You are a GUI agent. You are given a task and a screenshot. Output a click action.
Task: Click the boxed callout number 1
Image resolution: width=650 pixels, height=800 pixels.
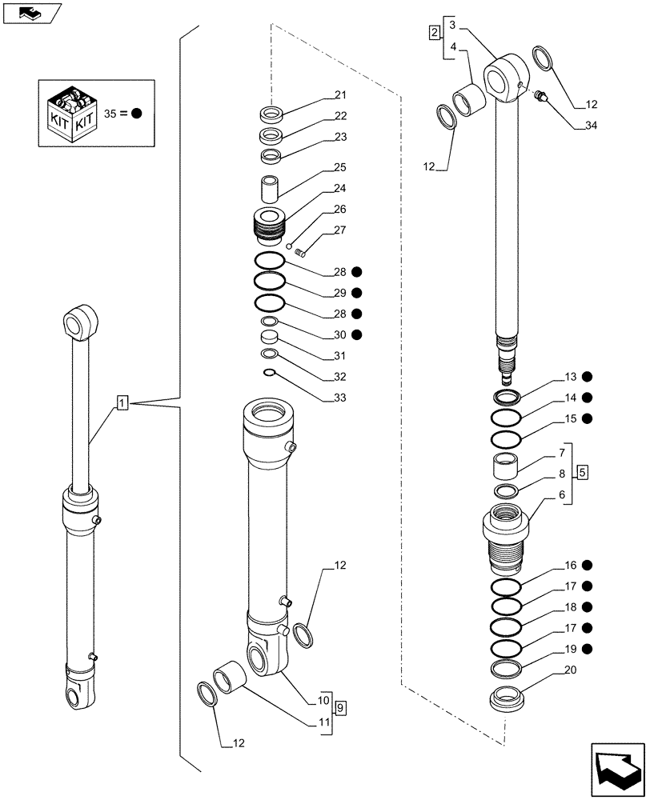(122, 402)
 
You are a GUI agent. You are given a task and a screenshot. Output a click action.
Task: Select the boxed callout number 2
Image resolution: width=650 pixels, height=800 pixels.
(434, 33)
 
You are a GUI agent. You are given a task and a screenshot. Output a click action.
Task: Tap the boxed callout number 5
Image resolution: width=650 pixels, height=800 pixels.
(583, 471)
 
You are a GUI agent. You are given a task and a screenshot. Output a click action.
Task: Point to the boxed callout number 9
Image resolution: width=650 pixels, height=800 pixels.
(340, 707)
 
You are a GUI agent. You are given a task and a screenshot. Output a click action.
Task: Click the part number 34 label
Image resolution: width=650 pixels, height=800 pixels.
(591, 126)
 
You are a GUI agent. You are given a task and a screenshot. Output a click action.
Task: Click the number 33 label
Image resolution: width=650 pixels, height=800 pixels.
(340, 398)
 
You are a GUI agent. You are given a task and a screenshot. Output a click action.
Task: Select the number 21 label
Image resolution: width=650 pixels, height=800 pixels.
(340, 95)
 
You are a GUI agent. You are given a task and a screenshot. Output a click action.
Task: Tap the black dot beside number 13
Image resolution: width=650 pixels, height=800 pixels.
(587, 376)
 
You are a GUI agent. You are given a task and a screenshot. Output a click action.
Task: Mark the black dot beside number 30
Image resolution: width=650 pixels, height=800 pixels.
(356, 334)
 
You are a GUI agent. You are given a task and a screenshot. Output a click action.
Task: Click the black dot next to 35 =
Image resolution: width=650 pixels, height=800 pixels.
(137, 114)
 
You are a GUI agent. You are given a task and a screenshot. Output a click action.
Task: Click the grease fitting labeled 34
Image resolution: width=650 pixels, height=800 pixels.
(540, 98)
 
